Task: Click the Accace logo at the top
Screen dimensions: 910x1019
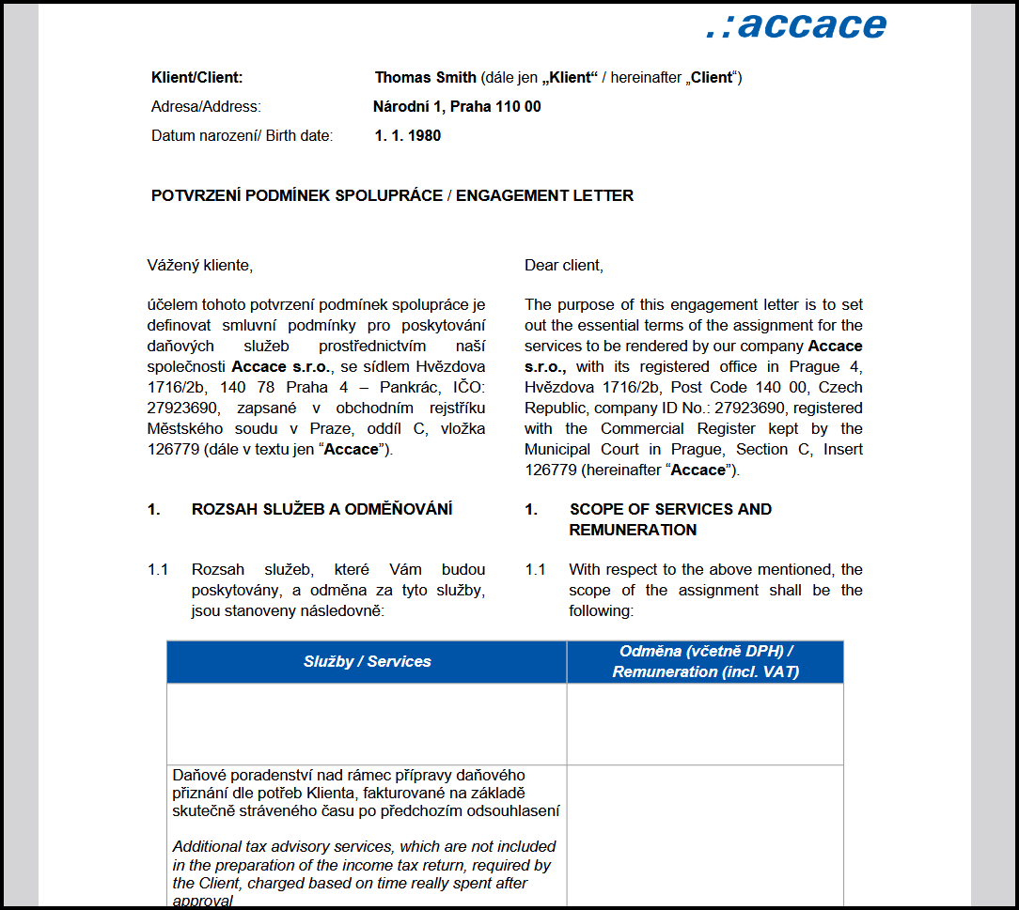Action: click(x=796, y=24)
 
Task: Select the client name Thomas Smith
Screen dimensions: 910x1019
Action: click(x=426, y=78)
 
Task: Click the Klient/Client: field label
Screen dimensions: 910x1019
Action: click(x=196, y=78)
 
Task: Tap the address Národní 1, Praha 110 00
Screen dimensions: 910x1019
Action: click(x=457, y=107)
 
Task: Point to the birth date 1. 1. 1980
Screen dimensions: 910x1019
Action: click(x=408, y=136)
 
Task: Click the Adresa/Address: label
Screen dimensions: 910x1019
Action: click(x=206, y=107)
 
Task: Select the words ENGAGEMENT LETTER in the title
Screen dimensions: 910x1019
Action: click(x=544, y=196)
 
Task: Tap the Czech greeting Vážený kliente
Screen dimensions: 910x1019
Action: click(x=200, y=266)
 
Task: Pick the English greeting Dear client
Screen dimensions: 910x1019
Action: click(x=564, y=266)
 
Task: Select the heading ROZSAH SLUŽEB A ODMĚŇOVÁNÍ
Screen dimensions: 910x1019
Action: click(x=321, y=510)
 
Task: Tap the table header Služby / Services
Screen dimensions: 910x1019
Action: click(x=367, y=662)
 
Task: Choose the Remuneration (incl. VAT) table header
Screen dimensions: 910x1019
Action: click(x=705, y=672)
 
